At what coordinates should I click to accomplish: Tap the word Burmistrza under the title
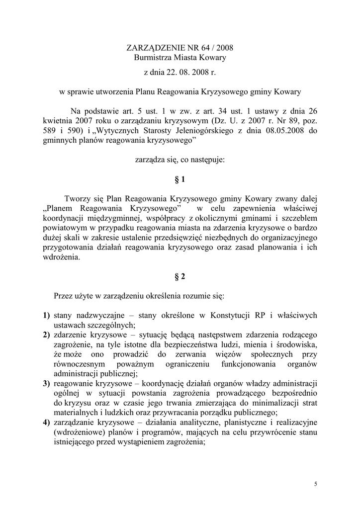tap(154, 58)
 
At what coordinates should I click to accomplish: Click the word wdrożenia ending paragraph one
tap(61, 257)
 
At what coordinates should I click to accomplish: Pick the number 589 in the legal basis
tap(50, 131)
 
